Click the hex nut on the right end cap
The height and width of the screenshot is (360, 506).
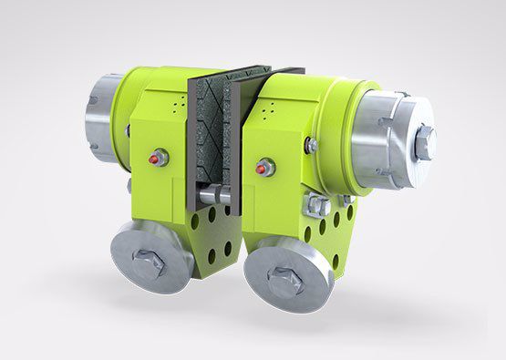(424, 141)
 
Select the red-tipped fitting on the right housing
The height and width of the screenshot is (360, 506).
(266, 168)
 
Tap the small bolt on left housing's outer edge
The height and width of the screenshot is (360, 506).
(127, 131)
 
